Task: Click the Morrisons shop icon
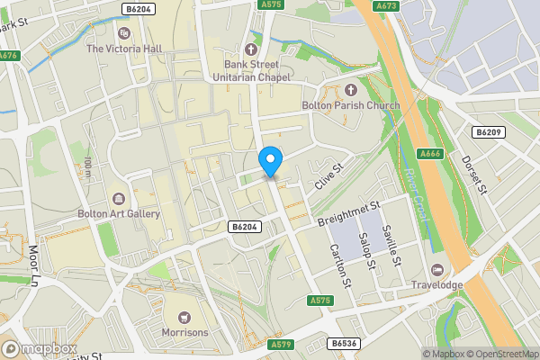184,317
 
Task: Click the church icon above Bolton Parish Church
350,91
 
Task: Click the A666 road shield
430,154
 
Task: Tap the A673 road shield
387,5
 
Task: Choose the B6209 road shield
487,132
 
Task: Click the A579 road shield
280,344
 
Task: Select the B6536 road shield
343,344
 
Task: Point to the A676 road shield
8,55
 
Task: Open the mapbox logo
40,348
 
